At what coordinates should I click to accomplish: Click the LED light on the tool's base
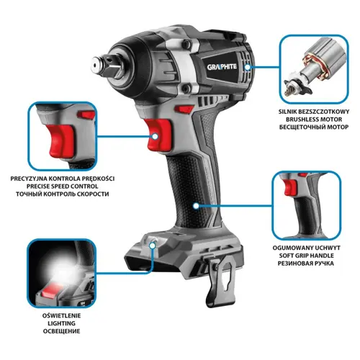(x=153, y=245)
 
